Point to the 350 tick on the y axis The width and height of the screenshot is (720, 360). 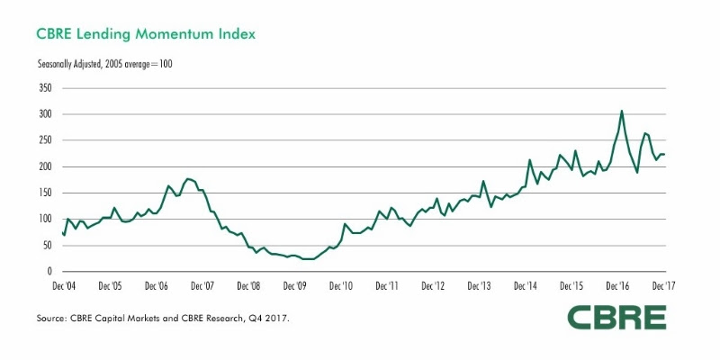(x=45, y=88)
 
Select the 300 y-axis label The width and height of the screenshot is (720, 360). (x=45, y=114)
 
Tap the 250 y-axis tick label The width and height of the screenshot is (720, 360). (x=45, y=140)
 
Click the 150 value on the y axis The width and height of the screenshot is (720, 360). (x=45, y=193)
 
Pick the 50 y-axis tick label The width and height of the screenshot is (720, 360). (x=48, y=245)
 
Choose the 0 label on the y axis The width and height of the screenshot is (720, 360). (x=50, y=271)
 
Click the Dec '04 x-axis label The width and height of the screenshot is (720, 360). (x=65, y=286)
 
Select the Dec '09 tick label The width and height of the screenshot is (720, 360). (x=295, y=286)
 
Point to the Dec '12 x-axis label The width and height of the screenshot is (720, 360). (x=434, y=286)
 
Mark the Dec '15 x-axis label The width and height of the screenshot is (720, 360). (x=571, y=286)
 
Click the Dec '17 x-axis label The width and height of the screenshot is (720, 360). (x=663, y=286)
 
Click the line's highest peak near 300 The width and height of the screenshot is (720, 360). (x=621, y=112)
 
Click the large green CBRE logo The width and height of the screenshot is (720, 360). (x=616, y=317)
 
